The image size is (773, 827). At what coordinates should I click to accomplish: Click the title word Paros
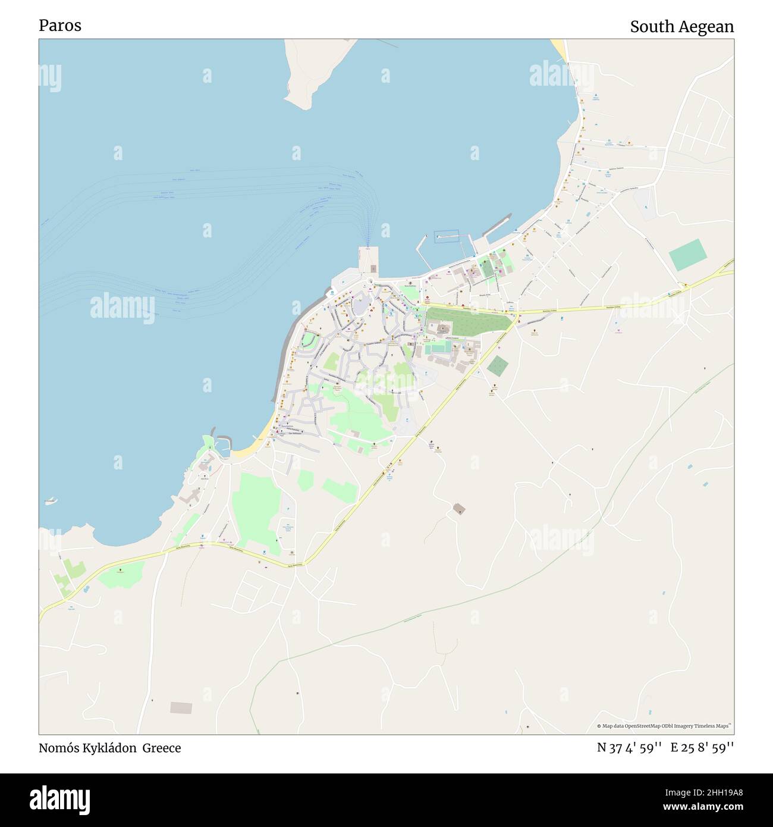tap(60, 26)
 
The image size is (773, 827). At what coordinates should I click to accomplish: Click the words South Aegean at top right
tap(681, 27)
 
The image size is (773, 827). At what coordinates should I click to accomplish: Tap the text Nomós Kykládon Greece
tap(109, 748)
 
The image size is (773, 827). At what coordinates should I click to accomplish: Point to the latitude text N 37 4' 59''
tap(629, 748)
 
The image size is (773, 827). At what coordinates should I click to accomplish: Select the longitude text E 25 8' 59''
tap(702, 748)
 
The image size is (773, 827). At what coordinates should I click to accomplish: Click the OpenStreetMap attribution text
tap(664, 726)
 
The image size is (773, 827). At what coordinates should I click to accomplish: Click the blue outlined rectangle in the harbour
tap(447, 236)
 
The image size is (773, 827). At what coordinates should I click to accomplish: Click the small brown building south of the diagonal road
tap(458, 509)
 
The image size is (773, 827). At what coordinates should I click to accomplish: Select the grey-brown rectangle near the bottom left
tap(181, 707)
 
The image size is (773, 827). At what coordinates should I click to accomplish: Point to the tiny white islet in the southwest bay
tap(51, 501)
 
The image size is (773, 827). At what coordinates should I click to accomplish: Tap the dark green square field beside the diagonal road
tap(498, 366)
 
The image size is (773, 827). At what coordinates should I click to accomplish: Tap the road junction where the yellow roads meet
tap(516, 312)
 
